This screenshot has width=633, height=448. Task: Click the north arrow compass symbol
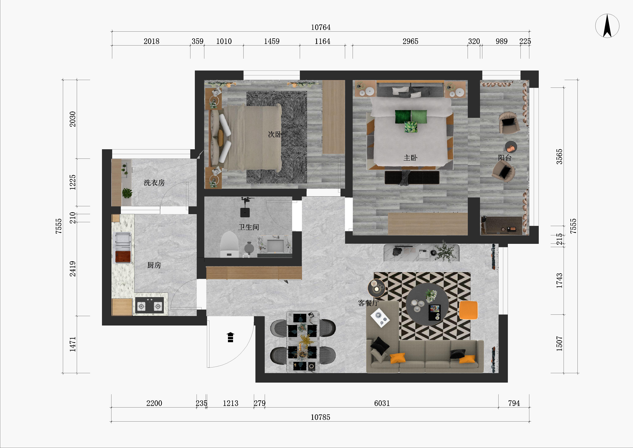607,26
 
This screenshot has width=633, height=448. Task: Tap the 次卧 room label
275,134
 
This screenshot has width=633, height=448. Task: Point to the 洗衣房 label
154,183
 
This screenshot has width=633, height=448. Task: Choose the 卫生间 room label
249,227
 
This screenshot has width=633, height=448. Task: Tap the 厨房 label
154,265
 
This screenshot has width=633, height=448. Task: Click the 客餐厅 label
368,303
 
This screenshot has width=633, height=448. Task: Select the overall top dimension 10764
321,27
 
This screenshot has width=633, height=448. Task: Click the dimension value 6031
382,403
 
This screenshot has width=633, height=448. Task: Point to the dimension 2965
410,41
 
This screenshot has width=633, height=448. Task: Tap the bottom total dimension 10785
320,417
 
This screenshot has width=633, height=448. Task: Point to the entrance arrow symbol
230,337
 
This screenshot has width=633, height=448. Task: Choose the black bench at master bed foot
412,177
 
